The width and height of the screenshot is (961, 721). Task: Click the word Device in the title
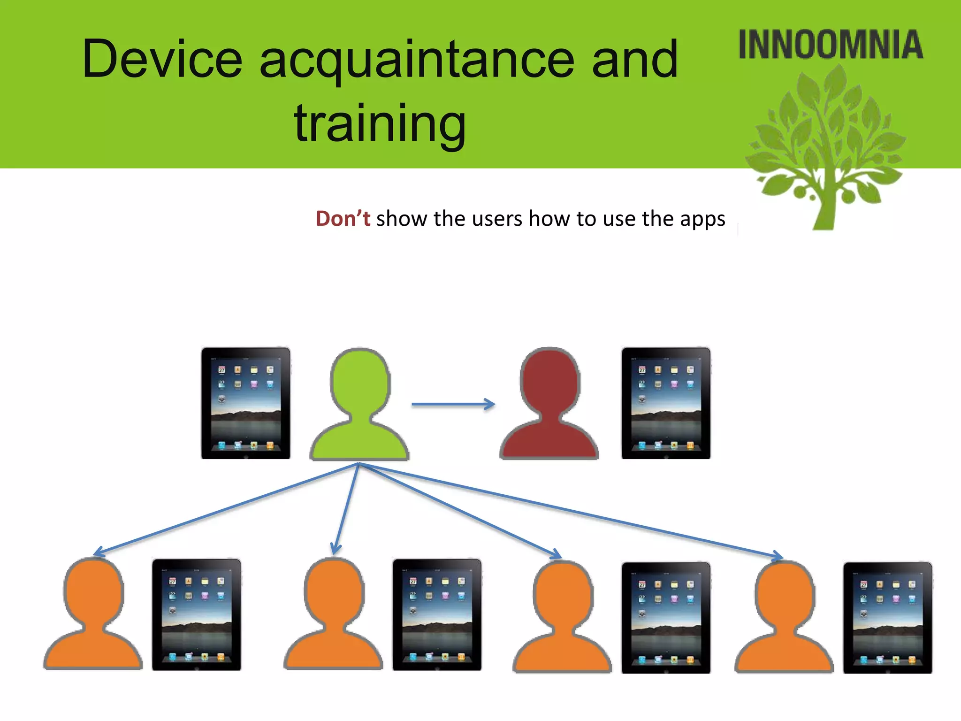coord(162,60)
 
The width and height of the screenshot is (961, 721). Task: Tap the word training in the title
coord(380,123)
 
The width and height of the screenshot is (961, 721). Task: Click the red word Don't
coord(343,219)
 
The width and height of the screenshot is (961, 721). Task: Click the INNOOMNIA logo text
coord(830,45)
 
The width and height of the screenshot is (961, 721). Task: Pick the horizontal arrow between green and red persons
coord(453,404)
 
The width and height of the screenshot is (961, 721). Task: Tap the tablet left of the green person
coord(245,403)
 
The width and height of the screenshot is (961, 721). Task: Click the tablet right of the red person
coord(665,403)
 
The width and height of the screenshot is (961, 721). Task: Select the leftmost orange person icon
coord(93,615)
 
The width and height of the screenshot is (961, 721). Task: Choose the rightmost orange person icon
coord(784,618)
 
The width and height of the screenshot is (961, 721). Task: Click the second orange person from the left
coord(333,615)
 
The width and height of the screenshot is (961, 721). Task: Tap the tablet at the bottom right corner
coord(887,618)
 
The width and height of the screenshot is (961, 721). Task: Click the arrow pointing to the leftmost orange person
coord(225,509)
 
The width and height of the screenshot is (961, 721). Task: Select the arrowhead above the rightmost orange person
coord(777,556)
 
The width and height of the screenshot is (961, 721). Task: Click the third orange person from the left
coord(562,618)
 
